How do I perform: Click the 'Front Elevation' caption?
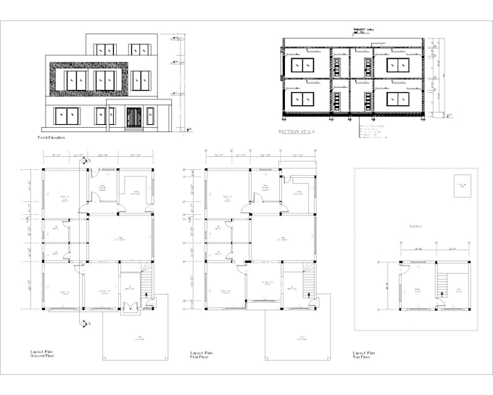(x=51, y=137)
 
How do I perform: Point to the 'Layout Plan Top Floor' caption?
(x=367, y=354)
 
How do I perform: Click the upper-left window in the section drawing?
(x=303, y=65)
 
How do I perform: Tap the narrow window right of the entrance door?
(x=150, y=116)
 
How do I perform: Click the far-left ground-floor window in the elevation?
(x=67, y=116)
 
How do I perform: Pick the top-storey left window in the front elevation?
(x=105, y=49)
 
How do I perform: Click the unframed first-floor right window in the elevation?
(x=141, y=80)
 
